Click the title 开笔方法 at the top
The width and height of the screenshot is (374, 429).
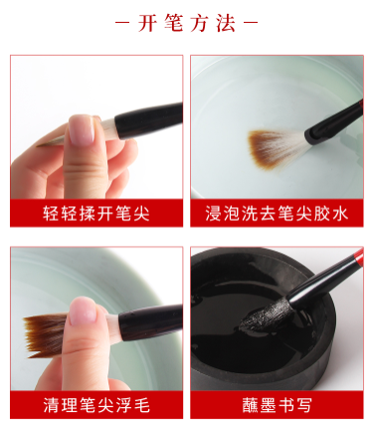pyautogui.click(x=187, y=23)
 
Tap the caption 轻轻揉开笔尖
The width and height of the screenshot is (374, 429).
pyautogui.click(x=96, y=213)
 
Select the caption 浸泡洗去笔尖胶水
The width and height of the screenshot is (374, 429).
pyautogui.click(x=277, y=213)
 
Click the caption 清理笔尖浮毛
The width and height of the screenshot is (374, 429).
pyautogui.click(x=96, y=405)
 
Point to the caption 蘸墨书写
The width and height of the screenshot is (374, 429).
pyautogui.click(x=277, y=405)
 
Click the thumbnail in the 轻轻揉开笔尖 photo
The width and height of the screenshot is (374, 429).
pyautogui.click(x=82, y=130)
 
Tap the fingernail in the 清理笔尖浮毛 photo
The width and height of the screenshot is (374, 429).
pyautogui.click(x=83, y=312)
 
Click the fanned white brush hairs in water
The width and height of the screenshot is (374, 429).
pyautogui.click(x=278, y=148)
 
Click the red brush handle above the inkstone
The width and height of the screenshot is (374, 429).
pyautogui.click(x=357, y=257)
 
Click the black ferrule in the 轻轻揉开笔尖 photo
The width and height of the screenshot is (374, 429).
pyautogui.click(x=148, y=120)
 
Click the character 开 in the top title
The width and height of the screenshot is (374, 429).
pyautogui.click(x=147, y=23)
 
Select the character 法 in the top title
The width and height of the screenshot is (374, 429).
pyautogui.click(x=227, y=23)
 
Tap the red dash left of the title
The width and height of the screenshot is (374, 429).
pyautogui.click(x=121, y=23)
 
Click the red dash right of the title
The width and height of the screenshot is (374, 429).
pyautogui.click(x=251, y=23)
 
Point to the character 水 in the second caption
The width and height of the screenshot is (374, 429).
pyautogui.click(x=340, y=213)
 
